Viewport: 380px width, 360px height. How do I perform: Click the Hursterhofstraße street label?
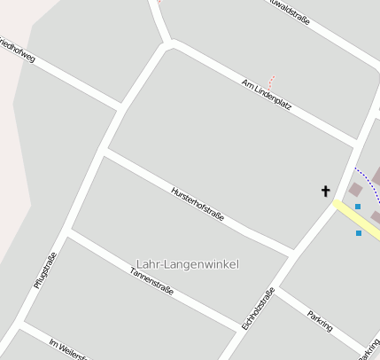tap(198, 203)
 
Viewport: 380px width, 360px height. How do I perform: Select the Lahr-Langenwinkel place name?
tap(188, 264)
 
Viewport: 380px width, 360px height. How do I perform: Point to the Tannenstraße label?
tap(151, 279)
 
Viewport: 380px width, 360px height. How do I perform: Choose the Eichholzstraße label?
tap(258, 309)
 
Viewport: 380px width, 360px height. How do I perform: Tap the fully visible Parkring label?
tap(319, 320)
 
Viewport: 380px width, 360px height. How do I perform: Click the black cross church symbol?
tap(325, 191)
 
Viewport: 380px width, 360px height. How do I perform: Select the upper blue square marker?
tap(358, 207)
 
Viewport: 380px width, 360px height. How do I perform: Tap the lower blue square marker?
tap(359, 233)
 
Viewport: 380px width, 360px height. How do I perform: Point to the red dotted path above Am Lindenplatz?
tap(271, 81)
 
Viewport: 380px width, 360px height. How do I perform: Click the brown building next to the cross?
tap(355, 189)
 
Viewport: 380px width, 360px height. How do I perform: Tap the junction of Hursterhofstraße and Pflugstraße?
tap(104, 152)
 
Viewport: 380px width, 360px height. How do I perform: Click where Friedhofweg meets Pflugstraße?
tap(121, 109)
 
